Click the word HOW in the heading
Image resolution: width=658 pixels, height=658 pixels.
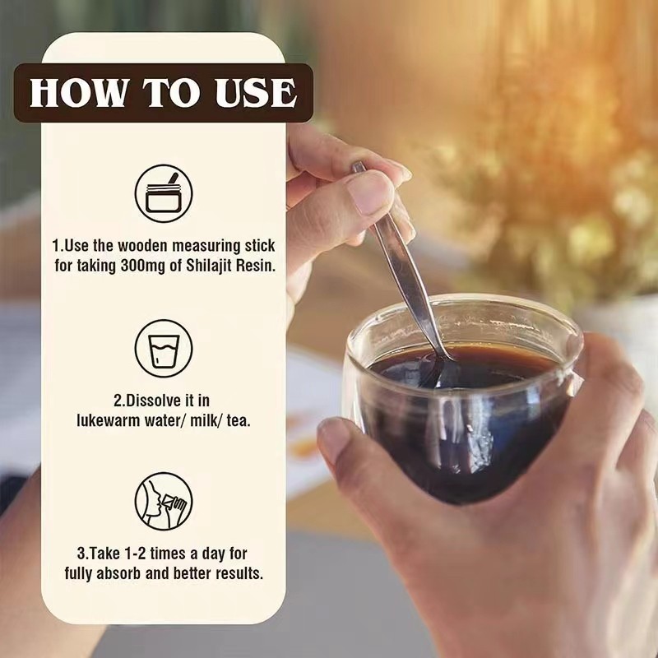point(78,92)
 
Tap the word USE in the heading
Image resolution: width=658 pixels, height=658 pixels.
point(256,93)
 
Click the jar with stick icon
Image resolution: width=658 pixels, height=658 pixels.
point(164,193)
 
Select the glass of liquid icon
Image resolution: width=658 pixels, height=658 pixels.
point(164,348)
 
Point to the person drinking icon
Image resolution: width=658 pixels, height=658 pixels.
point(164,502)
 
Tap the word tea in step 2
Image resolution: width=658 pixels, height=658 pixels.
point(239,421)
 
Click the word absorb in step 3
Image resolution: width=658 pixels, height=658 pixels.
point(118,573)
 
